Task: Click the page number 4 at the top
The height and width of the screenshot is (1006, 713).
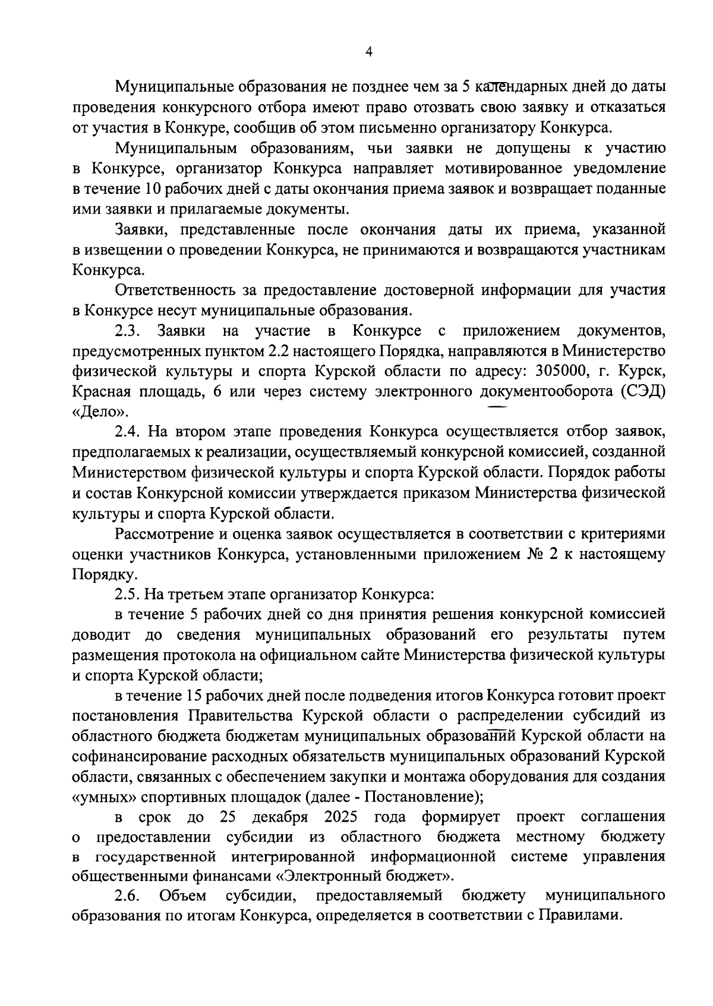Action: pyautogui.click(x=368, y=52)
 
